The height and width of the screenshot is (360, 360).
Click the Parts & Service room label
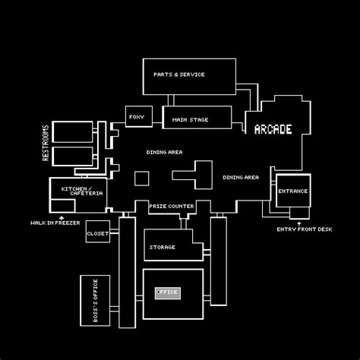click(x=178, y=74)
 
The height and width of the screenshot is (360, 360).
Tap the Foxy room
click(x=137, y=117)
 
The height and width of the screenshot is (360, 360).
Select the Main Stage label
click(x=190, y=119)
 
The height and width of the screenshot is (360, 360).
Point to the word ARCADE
click(x=273, y=129)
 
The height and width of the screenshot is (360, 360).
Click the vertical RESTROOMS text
click(x=46, y=143)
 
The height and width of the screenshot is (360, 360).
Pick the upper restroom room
click(x=72, y=131)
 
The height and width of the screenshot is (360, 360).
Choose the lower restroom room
click(x=72, y=157)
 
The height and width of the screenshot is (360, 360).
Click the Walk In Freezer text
click(x=55, y=223)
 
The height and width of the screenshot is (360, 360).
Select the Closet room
click(x=97, y=234)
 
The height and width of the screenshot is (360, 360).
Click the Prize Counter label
click(x=171, y=206)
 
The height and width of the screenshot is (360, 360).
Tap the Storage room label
click(x=163, y=247)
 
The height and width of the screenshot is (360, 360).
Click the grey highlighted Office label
click(x=166, y=292)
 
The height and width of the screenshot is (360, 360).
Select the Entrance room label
click(x=292, y=191)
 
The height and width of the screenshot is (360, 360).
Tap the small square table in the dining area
click(x=141, y=178)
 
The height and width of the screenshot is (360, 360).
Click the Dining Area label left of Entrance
click(x=241, y=177)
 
